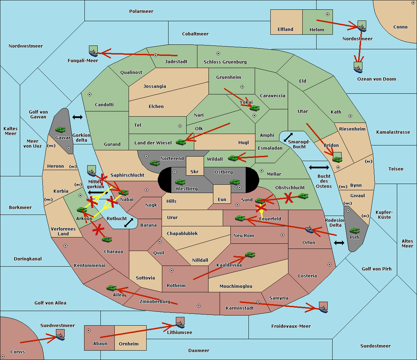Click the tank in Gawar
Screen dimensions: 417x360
(x=60, y=129)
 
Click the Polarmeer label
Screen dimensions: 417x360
(x=141, y=11)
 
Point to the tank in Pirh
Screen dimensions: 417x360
(x=354, y=231)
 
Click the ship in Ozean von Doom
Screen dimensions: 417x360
(x=358, y=68)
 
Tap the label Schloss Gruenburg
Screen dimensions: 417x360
(x=225, y=62)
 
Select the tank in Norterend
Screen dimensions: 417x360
(x=155, y=163)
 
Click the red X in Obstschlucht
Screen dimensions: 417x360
(x=288, y=198)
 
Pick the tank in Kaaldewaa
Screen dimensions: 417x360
(x=250, y=254)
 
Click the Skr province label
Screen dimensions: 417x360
(x=195, y=171)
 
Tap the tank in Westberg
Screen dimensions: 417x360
(x=180, y=182)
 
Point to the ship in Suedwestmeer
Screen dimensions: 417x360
(x=60, y=335)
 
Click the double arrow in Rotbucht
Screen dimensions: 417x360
(x=129, y=223)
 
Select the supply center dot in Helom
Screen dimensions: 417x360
(x=328, y=14)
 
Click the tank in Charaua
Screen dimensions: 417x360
(x=107, y=239)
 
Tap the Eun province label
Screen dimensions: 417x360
(x=222, y=199)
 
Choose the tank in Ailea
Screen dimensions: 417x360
(x=111, y=288)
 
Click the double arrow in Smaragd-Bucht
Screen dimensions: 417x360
(x=288, y=137)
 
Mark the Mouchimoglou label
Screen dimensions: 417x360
(x=236, y=286)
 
